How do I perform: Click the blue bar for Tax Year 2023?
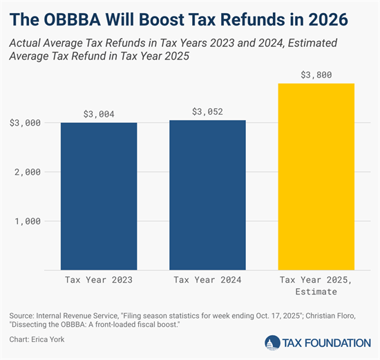click(99, 196)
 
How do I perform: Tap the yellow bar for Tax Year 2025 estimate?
click(316, 176)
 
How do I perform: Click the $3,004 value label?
click(99, 115)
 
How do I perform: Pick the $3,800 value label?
click(316, 75)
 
